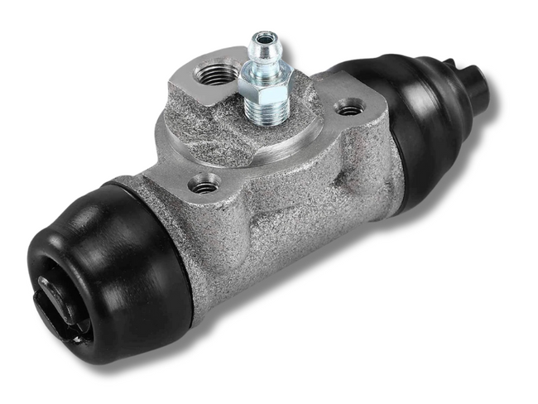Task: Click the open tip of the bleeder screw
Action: [x=265, y=37]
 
